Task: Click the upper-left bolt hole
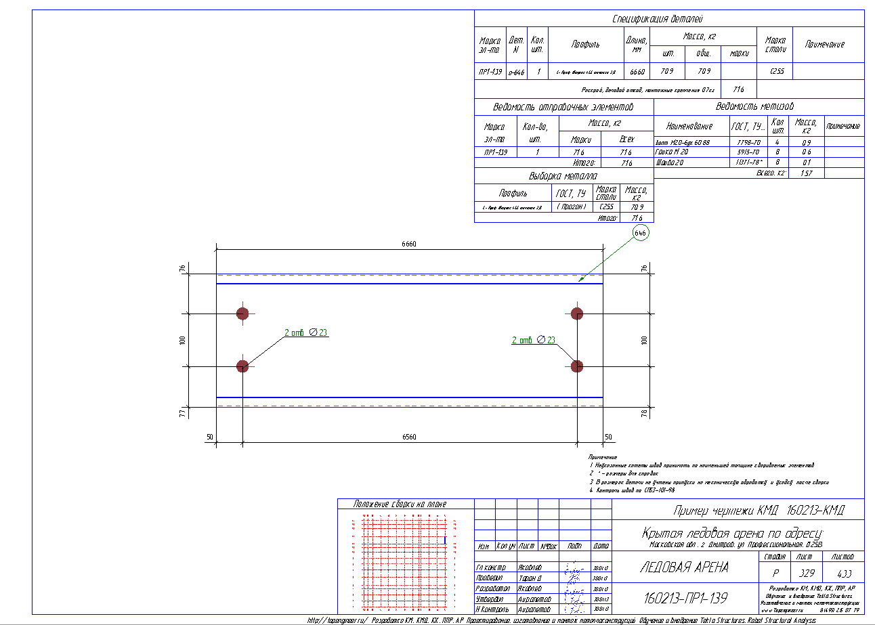tap(242, 313)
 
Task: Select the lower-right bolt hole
tap(577, 366)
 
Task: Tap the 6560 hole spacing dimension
tap(409, 437)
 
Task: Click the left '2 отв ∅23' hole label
tap(306, 332)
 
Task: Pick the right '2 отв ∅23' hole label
tap(534, 340)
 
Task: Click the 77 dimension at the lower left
tap(182, 413)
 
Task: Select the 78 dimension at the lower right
tap(644, 413)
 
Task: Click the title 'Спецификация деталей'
tap(668, 19)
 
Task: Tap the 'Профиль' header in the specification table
tap(585, 45)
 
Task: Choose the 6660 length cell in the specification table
tap(637, 71)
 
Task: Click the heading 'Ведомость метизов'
tap(759, 106)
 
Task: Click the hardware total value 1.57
tap(806, 173)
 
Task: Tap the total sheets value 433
tap(843, 572)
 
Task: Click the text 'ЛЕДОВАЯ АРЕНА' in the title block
tap(684, 567)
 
